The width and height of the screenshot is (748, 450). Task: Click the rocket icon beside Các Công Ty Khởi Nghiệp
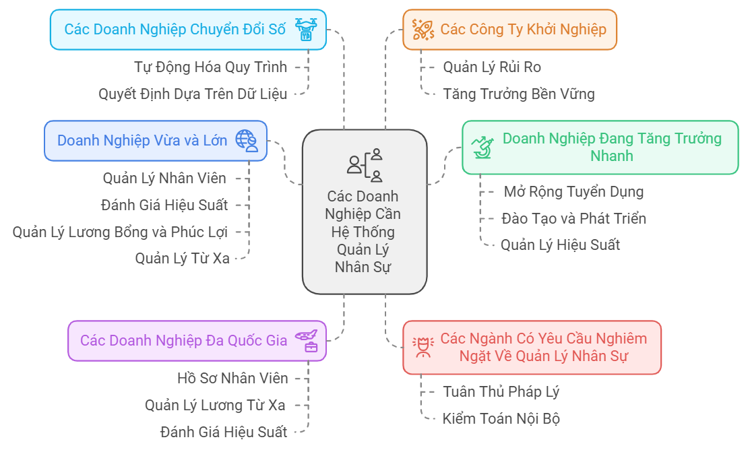tap(423, 29)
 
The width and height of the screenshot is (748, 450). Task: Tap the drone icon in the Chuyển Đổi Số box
tap(307, 30)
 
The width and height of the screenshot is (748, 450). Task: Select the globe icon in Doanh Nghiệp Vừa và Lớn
tap(247, 140)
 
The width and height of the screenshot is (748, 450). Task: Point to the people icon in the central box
tap(365, 165)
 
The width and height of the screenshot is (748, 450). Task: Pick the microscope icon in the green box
tap(482, 146)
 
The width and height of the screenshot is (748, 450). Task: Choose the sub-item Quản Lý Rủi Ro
tap(492, 67)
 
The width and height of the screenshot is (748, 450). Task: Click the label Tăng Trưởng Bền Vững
tap(519, 94)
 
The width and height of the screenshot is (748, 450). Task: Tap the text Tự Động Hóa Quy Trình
tap(210, 67)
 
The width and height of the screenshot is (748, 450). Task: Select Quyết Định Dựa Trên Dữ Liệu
tap(193, 94)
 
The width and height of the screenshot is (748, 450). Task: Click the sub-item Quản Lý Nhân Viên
tap(164, 178)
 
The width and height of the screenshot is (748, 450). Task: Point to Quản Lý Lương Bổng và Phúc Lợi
tap(120, 232)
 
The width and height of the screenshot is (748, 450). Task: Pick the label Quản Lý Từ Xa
tap(182, 258)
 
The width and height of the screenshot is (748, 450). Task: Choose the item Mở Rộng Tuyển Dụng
tap(573, 191)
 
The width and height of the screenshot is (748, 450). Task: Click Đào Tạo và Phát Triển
tap(573, 218)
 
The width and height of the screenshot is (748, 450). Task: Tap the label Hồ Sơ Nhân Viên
tap(232, 378)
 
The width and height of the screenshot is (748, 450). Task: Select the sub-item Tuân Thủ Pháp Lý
tap(501, 391)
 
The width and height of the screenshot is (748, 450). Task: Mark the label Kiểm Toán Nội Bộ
tap(501, 418)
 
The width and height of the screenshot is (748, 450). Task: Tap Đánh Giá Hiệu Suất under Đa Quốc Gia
tap(224, 432)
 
